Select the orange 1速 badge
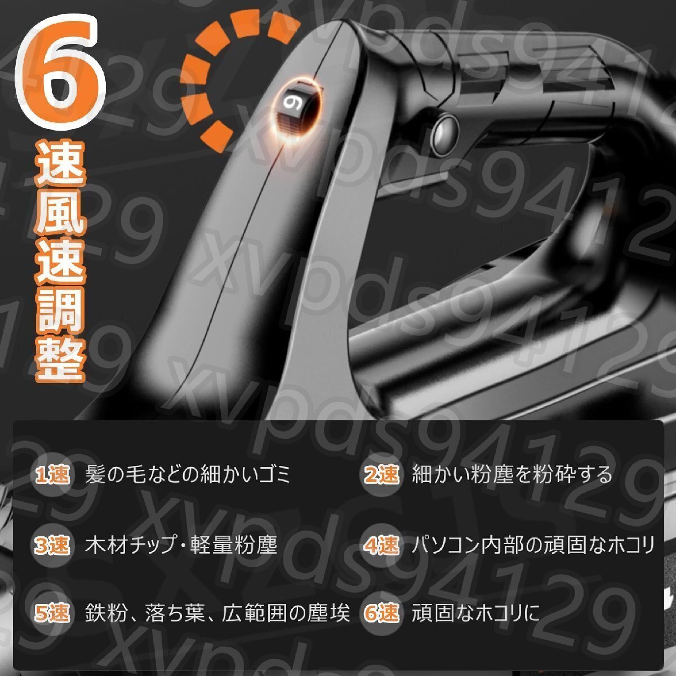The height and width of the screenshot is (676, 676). coord(52,475)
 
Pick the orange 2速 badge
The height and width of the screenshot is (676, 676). coord(381,475)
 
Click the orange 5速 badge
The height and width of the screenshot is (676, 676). coord(52,613)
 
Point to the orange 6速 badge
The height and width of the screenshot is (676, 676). coord(381,613)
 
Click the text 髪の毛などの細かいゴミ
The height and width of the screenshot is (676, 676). coord(188,475)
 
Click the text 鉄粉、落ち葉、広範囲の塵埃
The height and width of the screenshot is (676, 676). coord(217,613)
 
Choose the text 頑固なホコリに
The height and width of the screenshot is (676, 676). coord(475,613)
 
